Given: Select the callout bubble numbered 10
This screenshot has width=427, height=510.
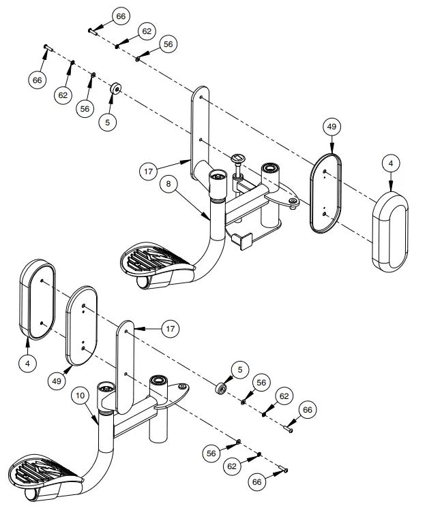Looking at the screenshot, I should click(80, 395).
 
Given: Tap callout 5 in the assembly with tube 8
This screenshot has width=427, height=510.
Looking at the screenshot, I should click(107, 122).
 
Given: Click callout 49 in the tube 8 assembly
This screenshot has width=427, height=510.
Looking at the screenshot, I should click(332, 126).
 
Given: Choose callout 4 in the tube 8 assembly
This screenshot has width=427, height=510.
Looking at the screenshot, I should click(390, 163).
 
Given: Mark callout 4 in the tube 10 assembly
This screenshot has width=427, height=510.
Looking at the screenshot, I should click(27, 364).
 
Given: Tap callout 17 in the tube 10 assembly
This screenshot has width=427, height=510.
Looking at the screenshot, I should click(171, 329).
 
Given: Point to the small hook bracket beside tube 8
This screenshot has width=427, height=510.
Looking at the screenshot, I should click(241, 239).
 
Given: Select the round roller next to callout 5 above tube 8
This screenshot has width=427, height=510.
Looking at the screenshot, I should click(116, 89).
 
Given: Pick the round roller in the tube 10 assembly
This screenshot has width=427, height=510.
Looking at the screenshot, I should click(221, 389).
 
